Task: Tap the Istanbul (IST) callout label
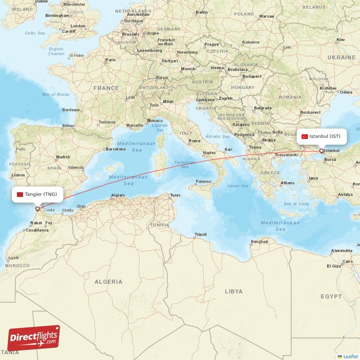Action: click(321, 136)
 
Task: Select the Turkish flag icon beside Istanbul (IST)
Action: click(305, 136)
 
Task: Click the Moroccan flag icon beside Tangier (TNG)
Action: click(19, 194)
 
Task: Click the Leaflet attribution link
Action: click(350, 356)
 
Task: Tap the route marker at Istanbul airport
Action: click(321, 151)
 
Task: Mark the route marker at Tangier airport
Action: click(37, 209)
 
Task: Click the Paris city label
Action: click(110, 60)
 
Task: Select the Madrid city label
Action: click(63, 157)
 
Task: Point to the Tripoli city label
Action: click(200, 234)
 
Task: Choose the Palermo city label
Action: click(203, 182)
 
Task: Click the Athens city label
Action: click(288, 183)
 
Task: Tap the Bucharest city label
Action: click(310, 112)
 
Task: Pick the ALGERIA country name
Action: click(108, 282)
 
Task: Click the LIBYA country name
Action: click(234, 292)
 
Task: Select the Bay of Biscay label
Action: click(56, 94)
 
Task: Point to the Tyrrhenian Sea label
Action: click(184, 164)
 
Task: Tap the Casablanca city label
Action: click(37, 229)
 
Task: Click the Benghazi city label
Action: click(259, 242)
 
